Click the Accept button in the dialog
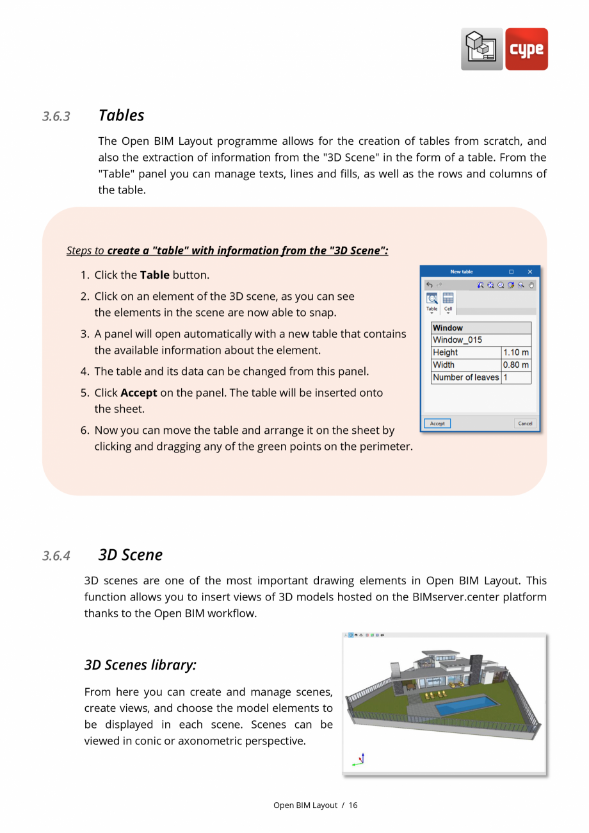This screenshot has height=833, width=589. tap(437, 424)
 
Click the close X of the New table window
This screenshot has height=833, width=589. tap(529, 272)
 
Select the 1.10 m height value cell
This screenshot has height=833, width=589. tap(515, 352)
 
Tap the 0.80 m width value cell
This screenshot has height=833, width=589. tap(515, 365)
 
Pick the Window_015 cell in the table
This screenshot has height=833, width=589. tap(481, 340)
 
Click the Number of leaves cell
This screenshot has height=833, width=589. tap(465, 377)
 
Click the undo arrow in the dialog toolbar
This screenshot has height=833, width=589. tap(430, 285)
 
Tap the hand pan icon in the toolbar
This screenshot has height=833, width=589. tap(531, 285)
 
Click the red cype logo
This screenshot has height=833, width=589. tap(526, 49)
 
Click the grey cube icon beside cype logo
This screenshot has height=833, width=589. tap(481, 49)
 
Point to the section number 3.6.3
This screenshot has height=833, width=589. tap(56, 117)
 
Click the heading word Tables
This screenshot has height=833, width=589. tap(121, 115)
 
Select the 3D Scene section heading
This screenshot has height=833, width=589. tap(130, 555)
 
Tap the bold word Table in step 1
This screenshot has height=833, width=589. tap(154, 275)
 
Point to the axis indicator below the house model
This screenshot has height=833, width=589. tap(359, 760)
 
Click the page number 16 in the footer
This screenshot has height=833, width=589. tap(353, 805)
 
